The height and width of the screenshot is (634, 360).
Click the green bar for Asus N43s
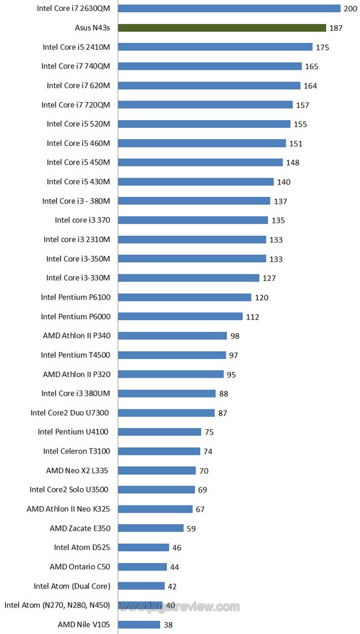pyautogui.click(x=222, y=28)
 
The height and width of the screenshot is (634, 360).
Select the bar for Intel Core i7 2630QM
pyautogui.click(x=229, y=8)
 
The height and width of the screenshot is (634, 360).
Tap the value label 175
pyautogui.click(x=323, y=47)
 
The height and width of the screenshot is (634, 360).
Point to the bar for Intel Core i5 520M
pyautogui.click(x=204, y=124)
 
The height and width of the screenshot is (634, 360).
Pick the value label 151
pyautogui.click(x=296, y=143)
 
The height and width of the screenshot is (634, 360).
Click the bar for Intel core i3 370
pyautogui.click(x=193, y=220)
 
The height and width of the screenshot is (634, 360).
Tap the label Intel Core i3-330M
pyautogui.click(x=79, y=277)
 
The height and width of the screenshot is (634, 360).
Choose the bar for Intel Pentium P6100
pyautogui.click(x=185, y=297)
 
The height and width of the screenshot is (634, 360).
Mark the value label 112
pyautogui.click(x=253, y=317)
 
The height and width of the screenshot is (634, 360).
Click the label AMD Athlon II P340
pyautogui.click(x=77, y=336)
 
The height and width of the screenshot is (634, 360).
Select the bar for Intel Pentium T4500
pyautogui.click(x=172, y=355)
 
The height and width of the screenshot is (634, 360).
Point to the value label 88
pyautogui.click(x=224, y=394)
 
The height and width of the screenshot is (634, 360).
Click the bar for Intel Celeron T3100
pyautogui.click(x=159, y=451)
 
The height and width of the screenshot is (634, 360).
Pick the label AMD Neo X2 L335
pyautogui.click(x=78, y=470)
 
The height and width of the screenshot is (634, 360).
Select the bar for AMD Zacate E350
pyautogui.click(x=151, y=528)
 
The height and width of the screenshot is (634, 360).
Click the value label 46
pyautogui.click(x=176, y=548)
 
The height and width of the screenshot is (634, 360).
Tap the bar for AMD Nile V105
pyautogui.click(x=139, y=624)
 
